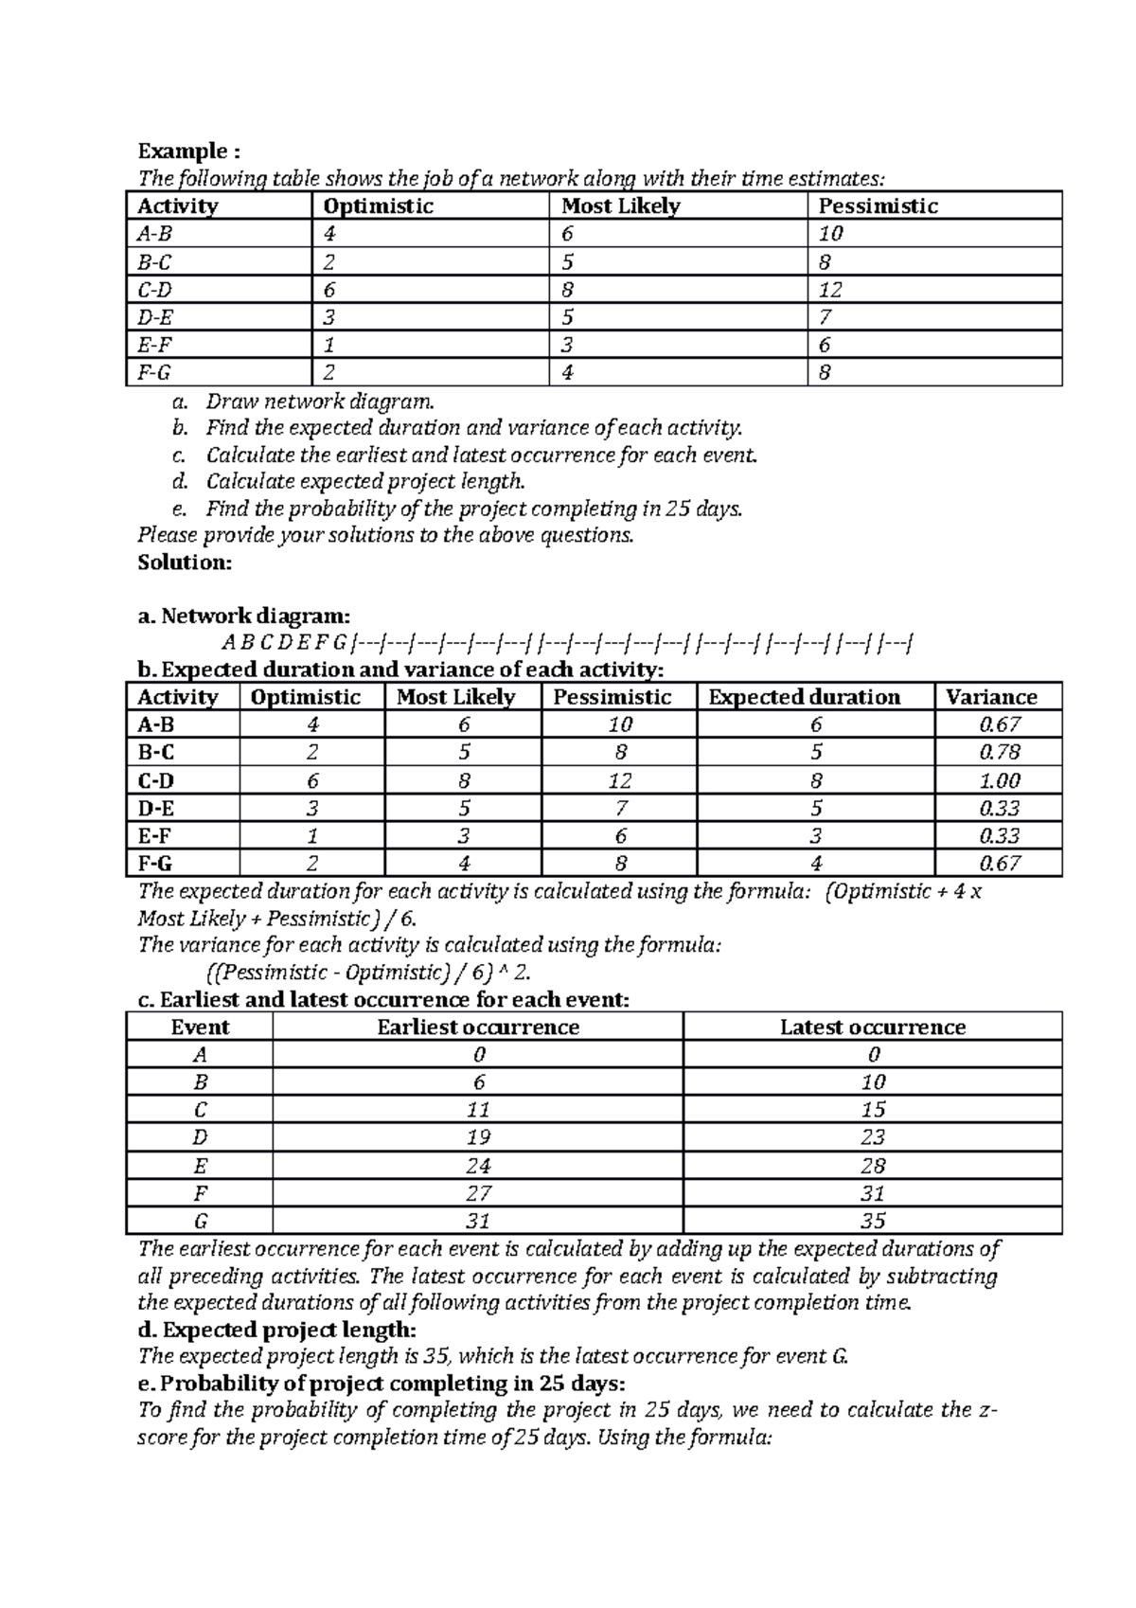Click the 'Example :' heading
pos(189,152)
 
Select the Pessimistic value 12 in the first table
pos(830,290)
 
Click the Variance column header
pos(991,697)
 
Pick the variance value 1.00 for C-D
pos(1000,781)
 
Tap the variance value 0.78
pos(1000,753)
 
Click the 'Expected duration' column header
pos(804,697)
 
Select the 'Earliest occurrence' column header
pos(478,1027)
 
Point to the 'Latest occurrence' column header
pos(872,1027)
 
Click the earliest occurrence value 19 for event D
pos(478,1137)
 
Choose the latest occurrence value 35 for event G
pos(872,1221)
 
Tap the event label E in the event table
pos(200,1166)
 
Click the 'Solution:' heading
pos(185,563)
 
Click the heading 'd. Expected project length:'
pos(276,1330)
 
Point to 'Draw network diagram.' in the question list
pos(320,402)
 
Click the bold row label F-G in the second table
pos(155,864)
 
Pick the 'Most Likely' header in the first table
pos(620,206)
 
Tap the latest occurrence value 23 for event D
pos(872,1137)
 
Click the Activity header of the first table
pos(177,206)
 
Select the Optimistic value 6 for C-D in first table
pos(328,290)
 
